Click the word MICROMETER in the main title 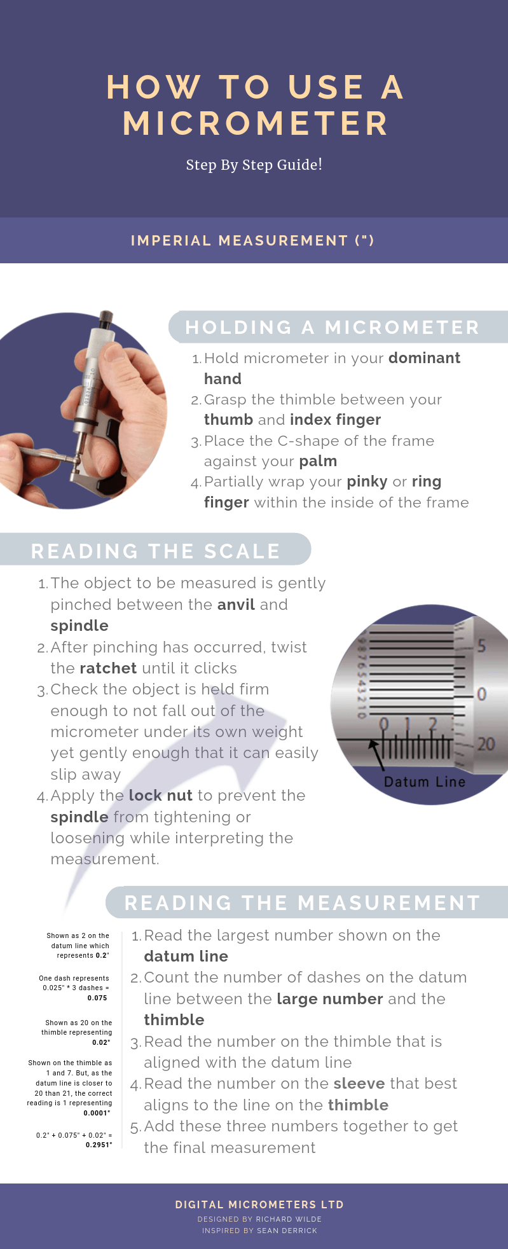(x=256, y=123)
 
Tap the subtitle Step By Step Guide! (x=254, y=165)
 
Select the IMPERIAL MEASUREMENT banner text (x=252, y=240)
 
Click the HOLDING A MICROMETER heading (x=332, y=327)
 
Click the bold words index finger (x=335, y=420)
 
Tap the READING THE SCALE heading (x=156, y=551)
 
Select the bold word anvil (x=236, y=605)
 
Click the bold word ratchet (x=108, y=668)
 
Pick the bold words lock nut (x=160, y=796)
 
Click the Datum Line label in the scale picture (x=424, y=782)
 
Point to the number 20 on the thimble (x=486, y=743)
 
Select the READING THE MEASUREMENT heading (x=302, y=902)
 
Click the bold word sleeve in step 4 (x=359, y=1084)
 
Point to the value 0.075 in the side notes (x=97, y=998)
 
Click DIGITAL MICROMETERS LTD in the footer (x=259, y=1204)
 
